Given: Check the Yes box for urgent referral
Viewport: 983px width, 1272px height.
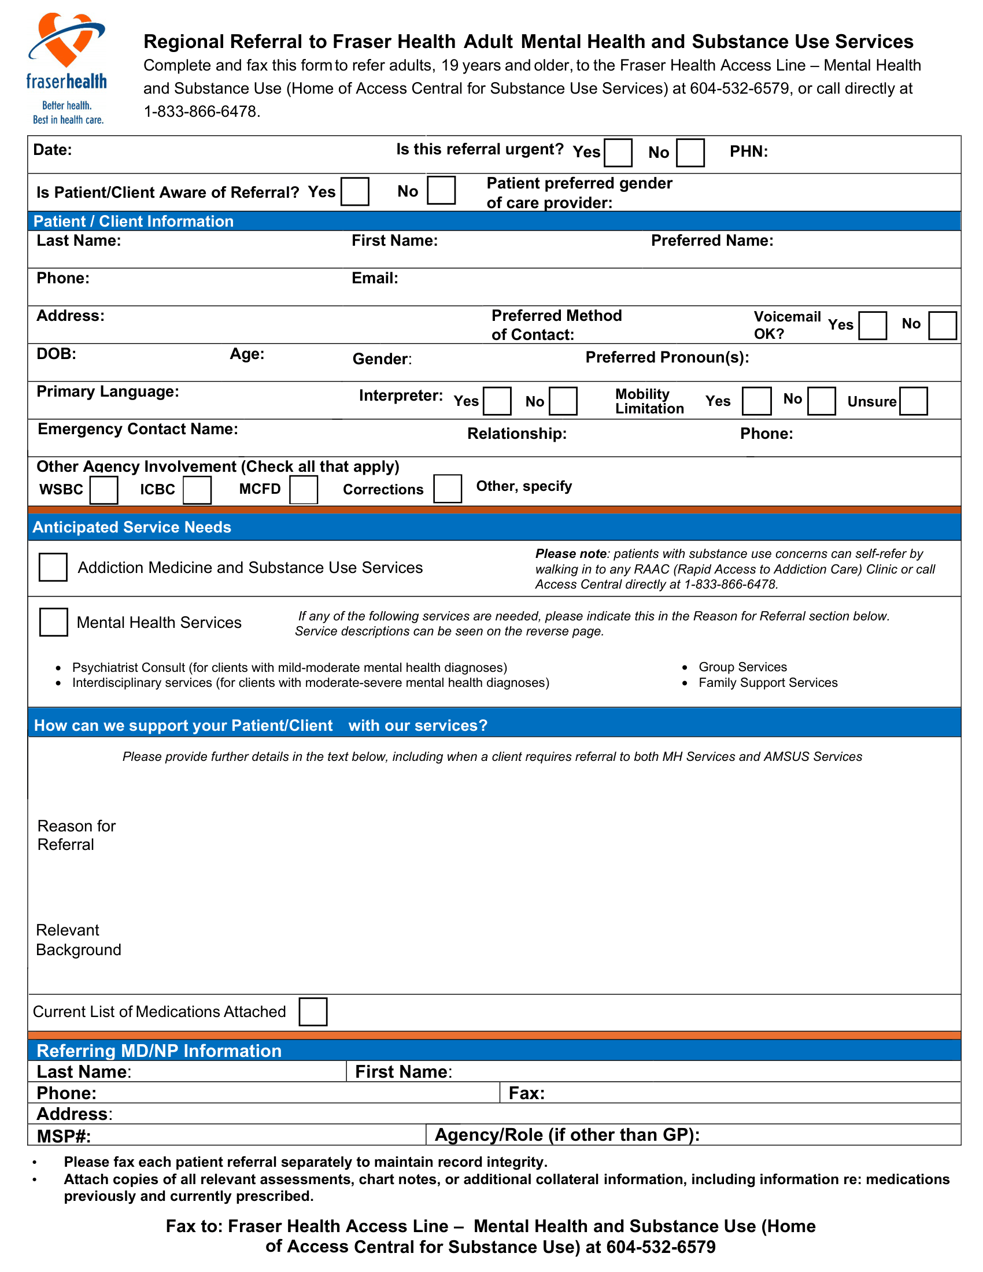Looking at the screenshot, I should [x=618, y=153].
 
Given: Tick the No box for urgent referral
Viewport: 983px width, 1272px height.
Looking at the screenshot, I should [x=690, y=153].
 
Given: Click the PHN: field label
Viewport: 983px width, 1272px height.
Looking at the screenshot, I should [x=748, y=152].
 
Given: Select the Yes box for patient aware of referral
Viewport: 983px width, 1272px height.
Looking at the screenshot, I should [x=354, y=191].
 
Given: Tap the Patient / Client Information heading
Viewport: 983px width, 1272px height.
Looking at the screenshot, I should [x=134, y=221].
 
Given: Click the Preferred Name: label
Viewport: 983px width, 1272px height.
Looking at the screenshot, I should [x=712, y=241].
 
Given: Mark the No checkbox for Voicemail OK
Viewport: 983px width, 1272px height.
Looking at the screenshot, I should [x=943, y=326].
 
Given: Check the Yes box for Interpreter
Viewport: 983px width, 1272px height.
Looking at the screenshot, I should [x=497, y=401].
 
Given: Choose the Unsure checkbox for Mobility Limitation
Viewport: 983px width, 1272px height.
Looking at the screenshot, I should [x=912, y=401].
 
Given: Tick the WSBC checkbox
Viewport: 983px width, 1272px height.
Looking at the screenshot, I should [x=104, y=490].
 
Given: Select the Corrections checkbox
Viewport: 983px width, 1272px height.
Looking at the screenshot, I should [x=447, y=489].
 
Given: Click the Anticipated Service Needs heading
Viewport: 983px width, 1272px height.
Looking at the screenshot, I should [x=132, y=527].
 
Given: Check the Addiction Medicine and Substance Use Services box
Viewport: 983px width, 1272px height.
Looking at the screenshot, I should [x=53, y=567].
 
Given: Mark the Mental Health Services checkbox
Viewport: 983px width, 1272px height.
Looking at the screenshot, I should [x=54, y=622].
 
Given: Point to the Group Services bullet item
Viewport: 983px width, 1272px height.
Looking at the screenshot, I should [x=742, y=667].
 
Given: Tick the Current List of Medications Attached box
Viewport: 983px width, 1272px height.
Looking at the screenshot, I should [x=313, y=1012].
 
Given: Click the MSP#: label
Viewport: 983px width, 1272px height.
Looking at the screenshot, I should [x=64, y=1136].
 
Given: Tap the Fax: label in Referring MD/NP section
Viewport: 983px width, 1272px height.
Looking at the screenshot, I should [x=526, y=1093].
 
